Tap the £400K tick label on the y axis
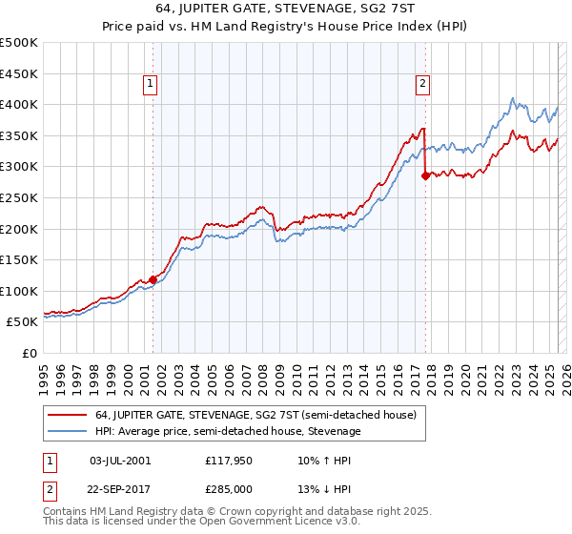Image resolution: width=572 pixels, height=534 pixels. tap(19, 104)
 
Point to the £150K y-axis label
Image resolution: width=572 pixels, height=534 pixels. tap(19, 259)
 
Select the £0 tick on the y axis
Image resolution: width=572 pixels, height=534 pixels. tap(31, 353)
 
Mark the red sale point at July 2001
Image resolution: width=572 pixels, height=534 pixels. tap(153, 279)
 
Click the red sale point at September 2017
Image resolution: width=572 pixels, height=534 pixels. tap(425, 175)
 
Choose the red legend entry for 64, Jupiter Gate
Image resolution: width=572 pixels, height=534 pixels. tap(255, 415)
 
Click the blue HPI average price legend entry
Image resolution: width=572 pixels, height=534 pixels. tap(228, 431)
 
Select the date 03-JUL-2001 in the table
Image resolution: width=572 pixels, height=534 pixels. tap(119, 461)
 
